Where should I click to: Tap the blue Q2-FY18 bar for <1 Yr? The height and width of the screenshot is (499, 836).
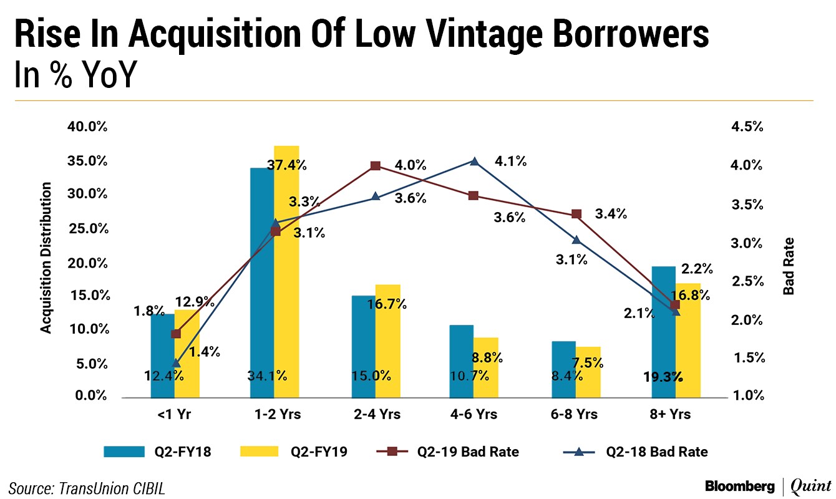pos(163,356)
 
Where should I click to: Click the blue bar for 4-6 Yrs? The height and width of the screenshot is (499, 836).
pos(462,361)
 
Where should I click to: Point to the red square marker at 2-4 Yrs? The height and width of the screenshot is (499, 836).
pos(376,166)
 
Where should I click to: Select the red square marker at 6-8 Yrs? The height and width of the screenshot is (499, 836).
pos(576,214)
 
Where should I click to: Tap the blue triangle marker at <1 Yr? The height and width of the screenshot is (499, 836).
pos(177,363)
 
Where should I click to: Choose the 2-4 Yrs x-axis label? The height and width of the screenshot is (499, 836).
pos(376,414)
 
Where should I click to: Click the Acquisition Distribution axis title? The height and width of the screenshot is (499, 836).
pos(46,258)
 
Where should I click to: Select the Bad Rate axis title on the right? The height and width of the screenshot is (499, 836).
pos(789,266)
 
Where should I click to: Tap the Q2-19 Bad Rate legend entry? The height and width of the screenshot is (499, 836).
pos(430,452)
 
